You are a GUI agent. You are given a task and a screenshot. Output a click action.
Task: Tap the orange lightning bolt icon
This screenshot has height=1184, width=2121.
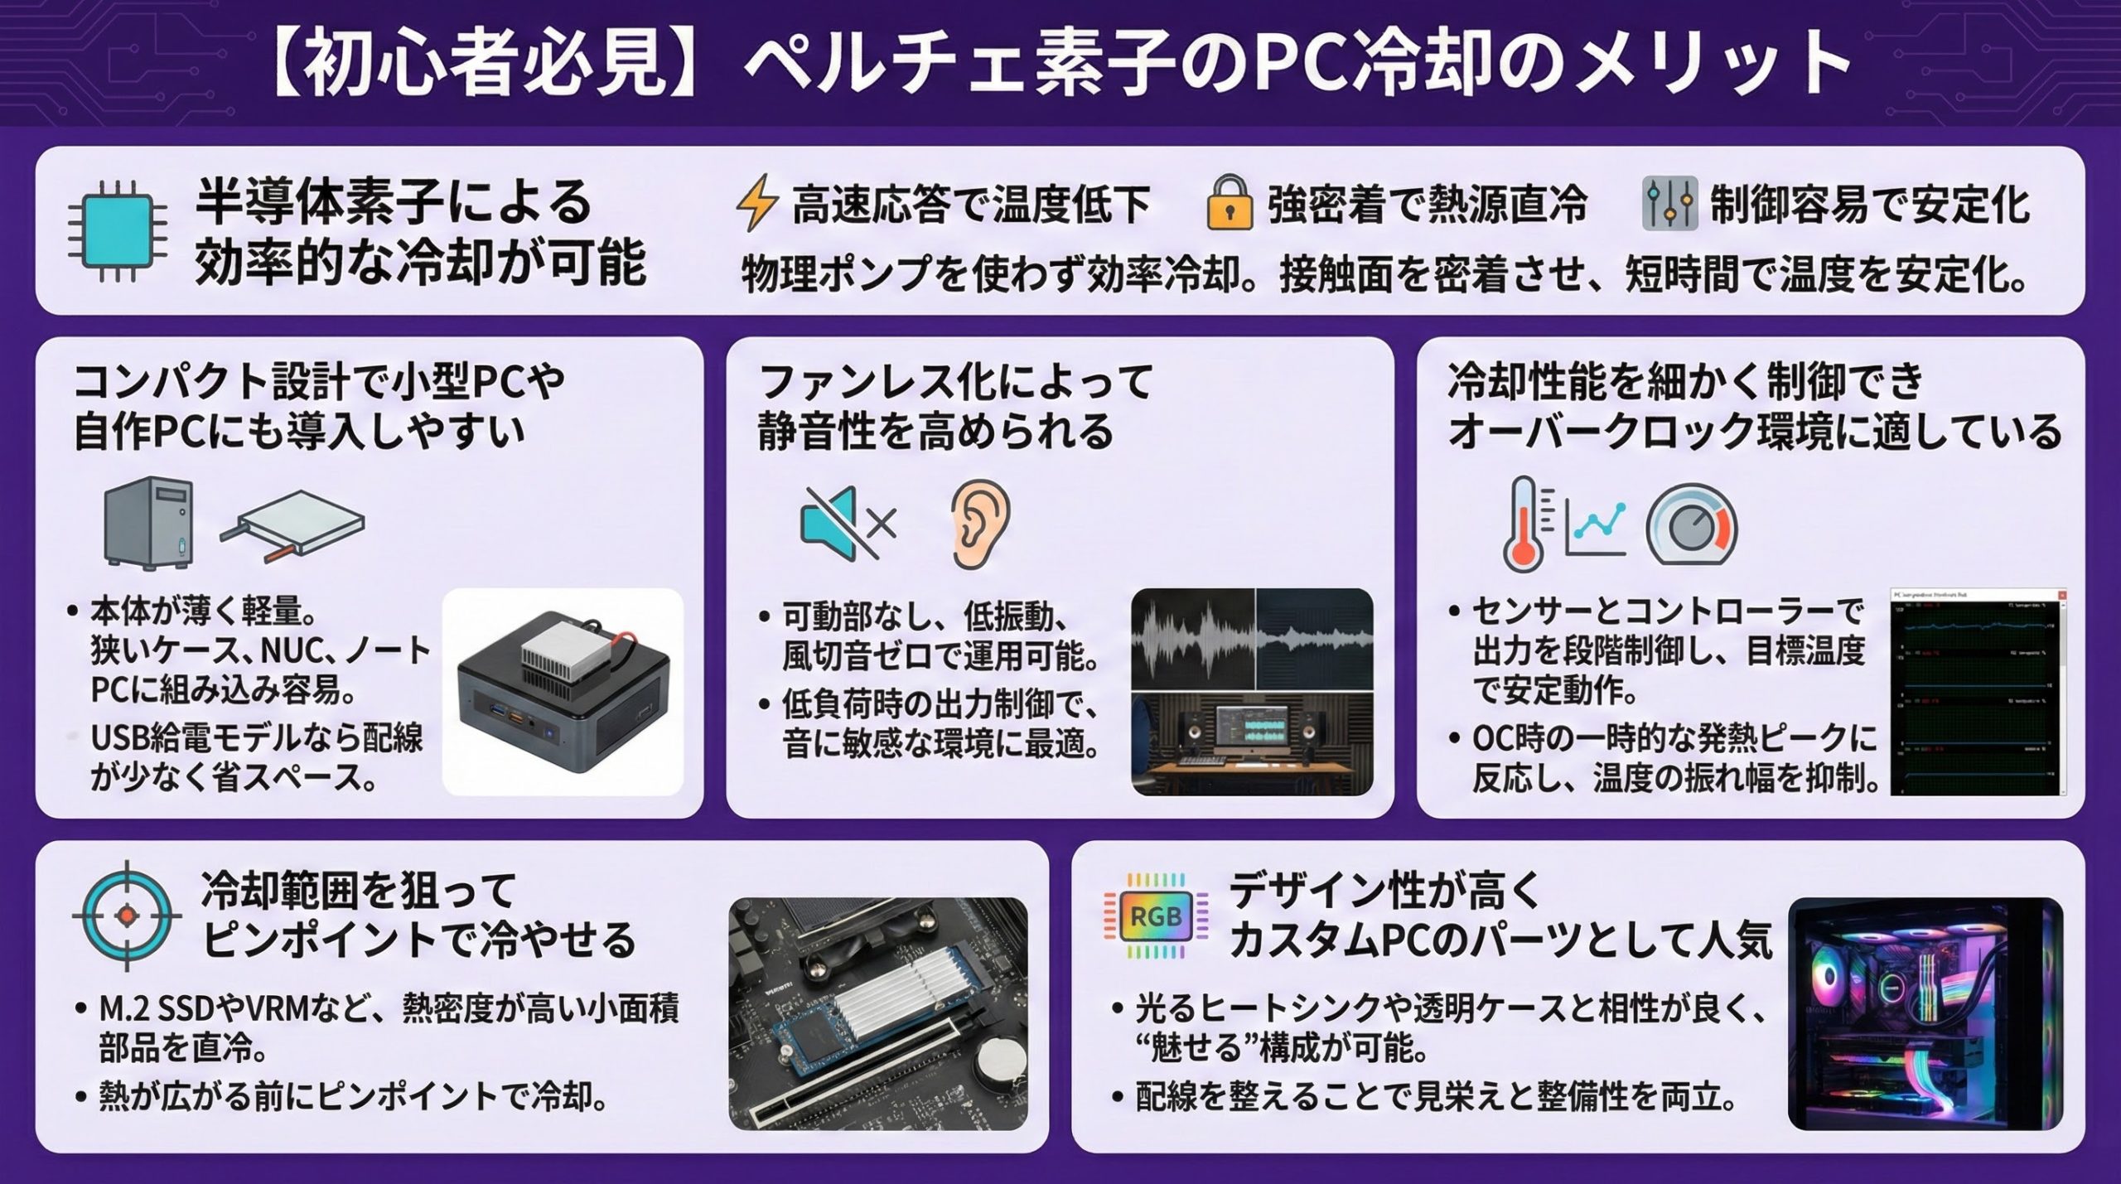[756, 202]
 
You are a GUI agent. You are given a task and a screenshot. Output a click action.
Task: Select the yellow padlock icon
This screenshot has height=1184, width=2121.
[1229, 202]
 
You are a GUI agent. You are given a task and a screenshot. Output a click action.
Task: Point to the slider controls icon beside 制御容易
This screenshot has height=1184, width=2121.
[1669, 204]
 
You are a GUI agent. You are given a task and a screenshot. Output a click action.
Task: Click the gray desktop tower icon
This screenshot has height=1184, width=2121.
[148, 522]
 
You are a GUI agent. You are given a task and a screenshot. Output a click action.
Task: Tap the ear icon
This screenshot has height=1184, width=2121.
[980, 524]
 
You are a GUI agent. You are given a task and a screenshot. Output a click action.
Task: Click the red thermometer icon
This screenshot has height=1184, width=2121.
[1524, 524]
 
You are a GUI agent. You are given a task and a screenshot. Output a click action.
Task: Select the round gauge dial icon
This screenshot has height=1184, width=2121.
[1690, 525]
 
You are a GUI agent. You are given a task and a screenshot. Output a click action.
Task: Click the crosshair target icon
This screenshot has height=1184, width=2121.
[126, 915]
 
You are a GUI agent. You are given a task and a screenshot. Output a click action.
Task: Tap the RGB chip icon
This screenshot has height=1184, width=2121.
[1155, 916]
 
